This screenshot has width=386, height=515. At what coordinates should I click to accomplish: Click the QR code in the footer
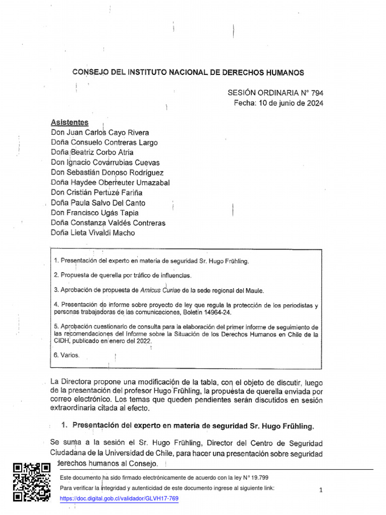pos(31,482)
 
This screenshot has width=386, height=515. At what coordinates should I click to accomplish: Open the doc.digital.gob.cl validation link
pos(119,498)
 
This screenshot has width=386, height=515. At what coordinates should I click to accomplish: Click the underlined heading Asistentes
pos(70,122)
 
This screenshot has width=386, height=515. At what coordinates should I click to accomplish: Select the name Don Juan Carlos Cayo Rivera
pos(100,133)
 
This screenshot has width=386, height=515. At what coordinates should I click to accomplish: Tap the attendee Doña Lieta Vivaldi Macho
pos(93,233)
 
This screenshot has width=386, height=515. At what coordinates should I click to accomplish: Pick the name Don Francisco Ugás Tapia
pos(95,213)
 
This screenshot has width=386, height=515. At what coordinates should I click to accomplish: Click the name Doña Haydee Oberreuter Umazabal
pos(110,183)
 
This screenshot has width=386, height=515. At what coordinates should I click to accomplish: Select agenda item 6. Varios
pos(66,355)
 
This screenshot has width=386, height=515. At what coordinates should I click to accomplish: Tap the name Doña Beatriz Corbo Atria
pos(92,152)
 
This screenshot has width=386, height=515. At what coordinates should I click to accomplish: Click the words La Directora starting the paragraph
pos(68,381)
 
